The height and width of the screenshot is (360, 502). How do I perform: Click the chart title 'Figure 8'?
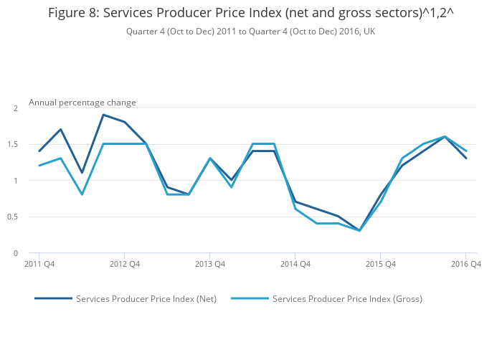250,13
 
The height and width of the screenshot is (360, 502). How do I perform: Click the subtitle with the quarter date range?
250,32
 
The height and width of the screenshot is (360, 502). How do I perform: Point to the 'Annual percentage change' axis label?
82,103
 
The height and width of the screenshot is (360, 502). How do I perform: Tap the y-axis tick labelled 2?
15,108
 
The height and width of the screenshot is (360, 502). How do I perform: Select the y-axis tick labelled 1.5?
13,144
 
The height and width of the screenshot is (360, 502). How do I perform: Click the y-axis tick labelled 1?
15,181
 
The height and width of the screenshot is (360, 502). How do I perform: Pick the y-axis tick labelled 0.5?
13,217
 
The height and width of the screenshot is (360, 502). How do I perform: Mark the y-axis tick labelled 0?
15,253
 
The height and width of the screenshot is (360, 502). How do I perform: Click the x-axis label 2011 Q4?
39,265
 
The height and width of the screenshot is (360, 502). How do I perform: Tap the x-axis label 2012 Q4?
125,265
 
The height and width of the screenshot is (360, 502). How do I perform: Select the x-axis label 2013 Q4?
210,265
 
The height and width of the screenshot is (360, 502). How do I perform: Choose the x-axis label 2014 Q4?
295,265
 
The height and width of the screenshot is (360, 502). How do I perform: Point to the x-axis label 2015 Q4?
380,265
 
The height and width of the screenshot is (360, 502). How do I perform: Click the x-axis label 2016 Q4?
465,265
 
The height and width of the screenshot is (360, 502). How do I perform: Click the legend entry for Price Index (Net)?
146,298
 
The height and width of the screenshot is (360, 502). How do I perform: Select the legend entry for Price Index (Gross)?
347,298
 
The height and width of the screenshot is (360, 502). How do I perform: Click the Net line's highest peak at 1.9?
103,115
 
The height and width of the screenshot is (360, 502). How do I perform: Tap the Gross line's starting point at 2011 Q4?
39,166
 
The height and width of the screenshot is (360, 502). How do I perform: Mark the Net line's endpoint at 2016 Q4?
465,158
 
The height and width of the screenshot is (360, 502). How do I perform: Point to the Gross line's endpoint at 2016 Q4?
465,151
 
